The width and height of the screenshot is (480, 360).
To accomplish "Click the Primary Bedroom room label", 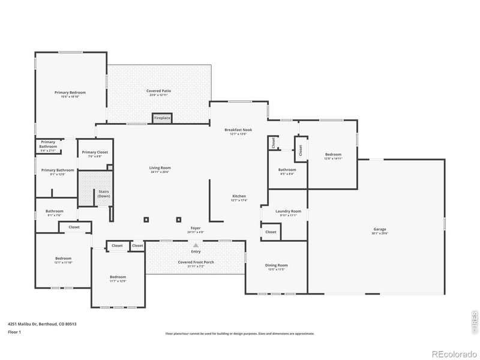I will (70, 92).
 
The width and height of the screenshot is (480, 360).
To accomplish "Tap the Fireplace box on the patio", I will (162, 118).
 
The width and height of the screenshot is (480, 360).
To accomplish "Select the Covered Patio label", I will (158, 91).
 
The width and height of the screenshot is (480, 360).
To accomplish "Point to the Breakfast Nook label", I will (238, 130).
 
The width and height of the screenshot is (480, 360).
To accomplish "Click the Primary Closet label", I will (95, 152).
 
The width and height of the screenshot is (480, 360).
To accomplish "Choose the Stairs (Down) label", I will (104, 194).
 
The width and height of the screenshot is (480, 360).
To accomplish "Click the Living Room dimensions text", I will (160, 172).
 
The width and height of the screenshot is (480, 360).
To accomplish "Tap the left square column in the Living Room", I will (146, 220).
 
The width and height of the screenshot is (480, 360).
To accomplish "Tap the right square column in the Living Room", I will (178, 220).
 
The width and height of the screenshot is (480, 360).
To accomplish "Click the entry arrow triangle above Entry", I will (196, 245).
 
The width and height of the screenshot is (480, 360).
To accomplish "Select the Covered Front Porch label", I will (196, 262).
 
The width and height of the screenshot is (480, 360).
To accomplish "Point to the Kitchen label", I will (239, 196).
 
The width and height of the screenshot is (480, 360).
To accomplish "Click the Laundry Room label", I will (288, 211).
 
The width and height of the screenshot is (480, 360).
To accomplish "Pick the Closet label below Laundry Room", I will (271, 232).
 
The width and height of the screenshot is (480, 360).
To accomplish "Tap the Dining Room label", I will (277, 265).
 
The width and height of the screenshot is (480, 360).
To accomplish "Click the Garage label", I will (379, 229).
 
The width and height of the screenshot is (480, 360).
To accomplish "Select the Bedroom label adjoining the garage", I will (333, 154).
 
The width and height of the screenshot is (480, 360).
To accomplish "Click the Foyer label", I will (196, 228).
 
